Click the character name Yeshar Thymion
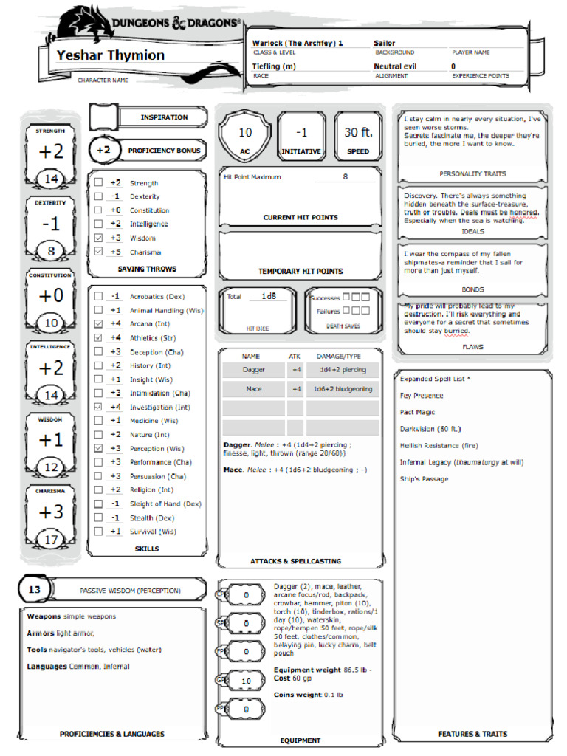[111, 55]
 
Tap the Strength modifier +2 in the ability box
[51, 152]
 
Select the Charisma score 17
[51, 540]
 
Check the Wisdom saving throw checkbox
[98, 238]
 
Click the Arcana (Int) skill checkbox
[98, 324]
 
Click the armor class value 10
[245, 133]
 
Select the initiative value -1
[301, 133]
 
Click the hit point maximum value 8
[345, 177]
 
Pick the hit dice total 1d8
[273, 296]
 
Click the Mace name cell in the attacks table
[253, 389]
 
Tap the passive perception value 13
[35, 590]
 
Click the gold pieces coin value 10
[247, 681]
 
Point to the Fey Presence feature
[422, 396]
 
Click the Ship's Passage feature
[424, 479]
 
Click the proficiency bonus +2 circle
[103, 150]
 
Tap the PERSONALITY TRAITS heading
[472, 174]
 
